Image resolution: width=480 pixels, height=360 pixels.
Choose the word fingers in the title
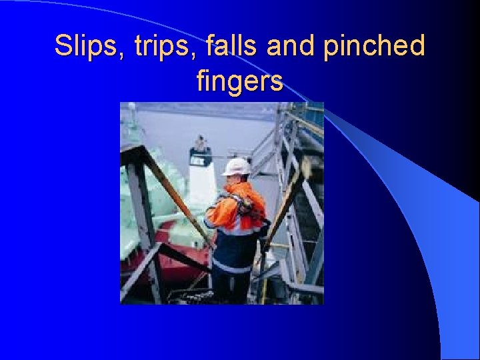[240, 81]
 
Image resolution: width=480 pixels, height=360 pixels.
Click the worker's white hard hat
[236, 167]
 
